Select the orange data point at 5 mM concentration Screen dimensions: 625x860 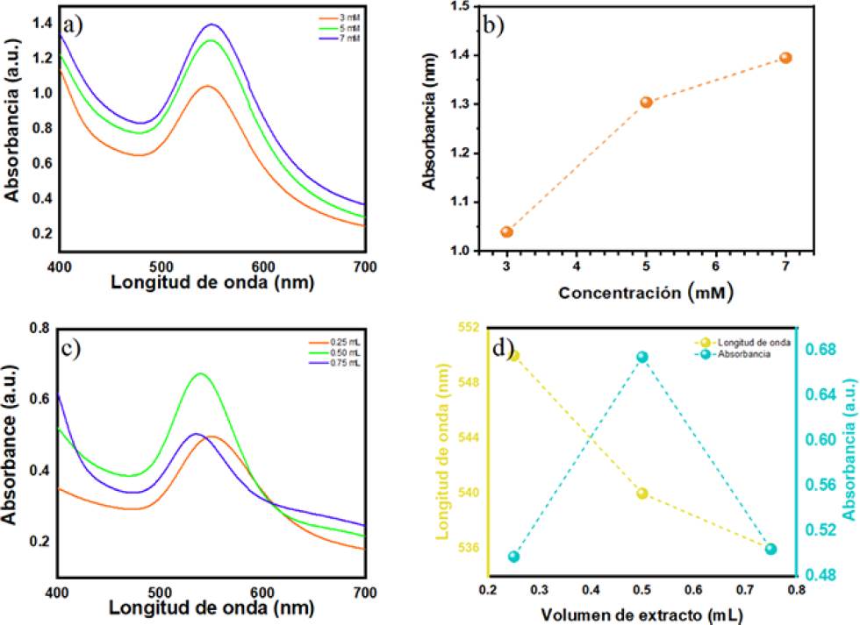pos(646,102)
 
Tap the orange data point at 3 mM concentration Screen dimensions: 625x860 pos(506,231)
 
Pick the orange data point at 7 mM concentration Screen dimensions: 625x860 pos(785,58)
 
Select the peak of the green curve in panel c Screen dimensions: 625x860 pos(201,373)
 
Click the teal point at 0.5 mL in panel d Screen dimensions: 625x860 pos(642,357)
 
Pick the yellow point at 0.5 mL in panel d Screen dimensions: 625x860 pos(642,494)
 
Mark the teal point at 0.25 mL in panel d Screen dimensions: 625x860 pos(514,581)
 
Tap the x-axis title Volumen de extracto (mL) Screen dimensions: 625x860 pos(641,615)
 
